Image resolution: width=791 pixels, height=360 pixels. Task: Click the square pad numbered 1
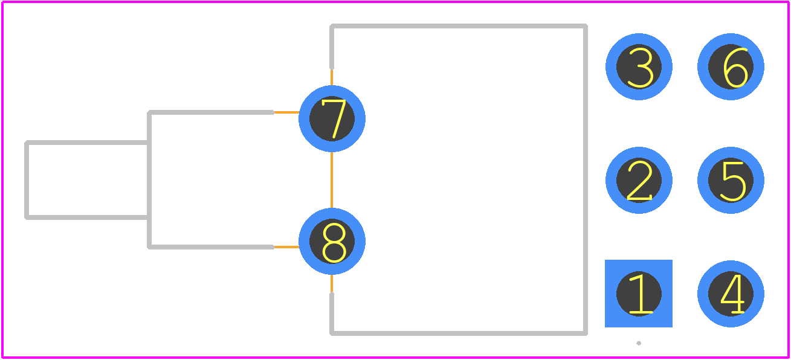(639, 294)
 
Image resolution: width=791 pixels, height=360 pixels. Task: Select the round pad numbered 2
(639, 180)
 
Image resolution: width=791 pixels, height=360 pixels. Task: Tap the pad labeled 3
(639, 66)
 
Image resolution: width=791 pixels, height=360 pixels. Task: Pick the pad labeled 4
(731, 294)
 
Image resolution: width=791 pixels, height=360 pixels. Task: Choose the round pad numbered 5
(731, 180)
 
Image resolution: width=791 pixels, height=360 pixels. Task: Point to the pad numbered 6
(731, 66)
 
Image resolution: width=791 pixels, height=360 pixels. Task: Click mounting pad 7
(332, 118)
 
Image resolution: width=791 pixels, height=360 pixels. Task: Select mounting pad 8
(332, 241)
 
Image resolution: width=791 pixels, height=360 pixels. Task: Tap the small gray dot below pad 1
(639, 343)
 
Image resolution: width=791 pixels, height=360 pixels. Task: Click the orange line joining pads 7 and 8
(332, 180)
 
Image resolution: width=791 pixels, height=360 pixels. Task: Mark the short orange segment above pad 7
(332, 77)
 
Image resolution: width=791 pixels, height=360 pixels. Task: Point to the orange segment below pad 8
(332, 284)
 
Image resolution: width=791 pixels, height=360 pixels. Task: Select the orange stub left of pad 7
(287, 112)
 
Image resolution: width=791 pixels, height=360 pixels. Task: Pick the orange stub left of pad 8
(287, 247)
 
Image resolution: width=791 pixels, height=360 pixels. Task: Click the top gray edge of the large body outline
(459, 26)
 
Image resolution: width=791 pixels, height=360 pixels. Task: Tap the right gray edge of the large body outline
(586, 179)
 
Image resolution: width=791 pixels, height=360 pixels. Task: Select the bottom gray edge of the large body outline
(459, 333)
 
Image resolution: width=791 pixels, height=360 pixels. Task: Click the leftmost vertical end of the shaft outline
(27, 180)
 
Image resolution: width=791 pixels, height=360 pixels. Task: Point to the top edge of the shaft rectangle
(87, 143)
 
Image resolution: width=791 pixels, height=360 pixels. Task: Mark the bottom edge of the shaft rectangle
(87, 217)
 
